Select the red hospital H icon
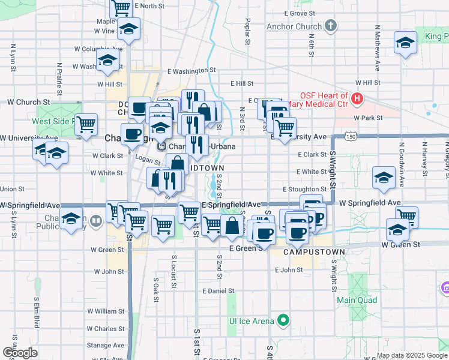(x=357, y=97)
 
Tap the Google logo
(x=20, y=353)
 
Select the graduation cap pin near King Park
(x=406, y=43)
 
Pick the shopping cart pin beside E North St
(x=121, y=7)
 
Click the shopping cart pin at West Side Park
(x=87, y=125)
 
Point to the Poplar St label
(x=247, y=31)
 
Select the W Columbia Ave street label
(x=98, y=49)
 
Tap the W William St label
(x=105, y=311)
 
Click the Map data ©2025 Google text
(x=411, y=355)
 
